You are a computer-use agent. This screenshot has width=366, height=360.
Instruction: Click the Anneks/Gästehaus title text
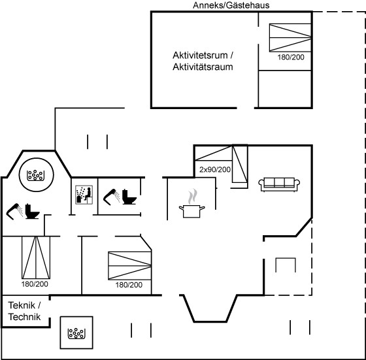pos(231,5)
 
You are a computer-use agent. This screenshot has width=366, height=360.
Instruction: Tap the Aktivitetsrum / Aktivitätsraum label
pos(203,61)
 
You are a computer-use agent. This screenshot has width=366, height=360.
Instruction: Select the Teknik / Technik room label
pos(24,311)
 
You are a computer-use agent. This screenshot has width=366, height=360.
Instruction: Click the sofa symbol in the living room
pos(279,184)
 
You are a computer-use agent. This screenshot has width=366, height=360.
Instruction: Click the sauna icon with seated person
pos(84,195)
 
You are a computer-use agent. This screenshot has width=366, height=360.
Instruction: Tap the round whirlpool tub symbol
pos(36,174)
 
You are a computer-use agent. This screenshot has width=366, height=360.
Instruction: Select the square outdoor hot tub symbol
pos(76,333)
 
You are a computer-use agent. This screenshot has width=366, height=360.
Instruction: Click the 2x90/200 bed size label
pos(215,170)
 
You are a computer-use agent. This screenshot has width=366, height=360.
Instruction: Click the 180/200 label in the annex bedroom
pos(291,57)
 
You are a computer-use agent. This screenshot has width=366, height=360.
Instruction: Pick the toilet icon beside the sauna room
pos(129,197)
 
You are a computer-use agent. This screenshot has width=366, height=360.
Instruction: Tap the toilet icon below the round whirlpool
pos(32,212)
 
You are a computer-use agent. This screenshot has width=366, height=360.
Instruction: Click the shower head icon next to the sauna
pos(112,197)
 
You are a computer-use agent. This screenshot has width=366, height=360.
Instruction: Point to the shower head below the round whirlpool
pos(14,212)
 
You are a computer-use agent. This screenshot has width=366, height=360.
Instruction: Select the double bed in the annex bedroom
pos(290,37)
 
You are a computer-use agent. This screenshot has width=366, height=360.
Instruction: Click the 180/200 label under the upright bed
pos(35,284)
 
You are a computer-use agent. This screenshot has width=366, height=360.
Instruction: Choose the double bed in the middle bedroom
pos(130,265)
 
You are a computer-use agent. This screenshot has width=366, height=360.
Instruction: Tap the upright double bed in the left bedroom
pos(36,257)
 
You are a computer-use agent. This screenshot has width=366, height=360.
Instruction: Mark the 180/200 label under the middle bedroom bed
pos(129,285)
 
